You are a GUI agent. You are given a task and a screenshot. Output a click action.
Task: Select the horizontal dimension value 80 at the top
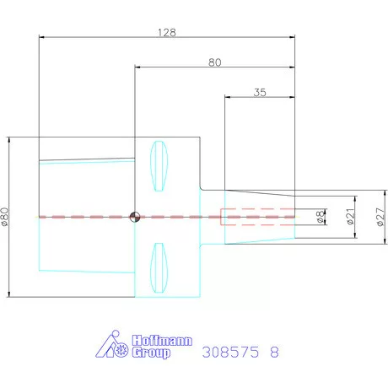pos(215,62)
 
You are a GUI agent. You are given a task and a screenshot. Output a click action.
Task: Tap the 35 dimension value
pos(259,94)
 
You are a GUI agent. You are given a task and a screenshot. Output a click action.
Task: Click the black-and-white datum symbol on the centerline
pos(134,217)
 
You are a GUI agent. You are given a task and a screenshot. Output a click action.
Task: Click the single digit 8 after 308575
pos(273,352)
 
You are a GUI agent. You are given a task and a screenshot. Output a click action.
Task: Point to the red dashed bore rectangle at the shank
pos(257,217)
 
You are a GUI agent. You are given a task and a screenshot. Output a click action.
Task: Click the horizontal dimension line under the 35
pos(259,100)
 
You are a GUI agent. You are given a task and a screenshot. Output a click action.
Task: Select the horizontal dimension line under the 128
pos(169,37)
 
